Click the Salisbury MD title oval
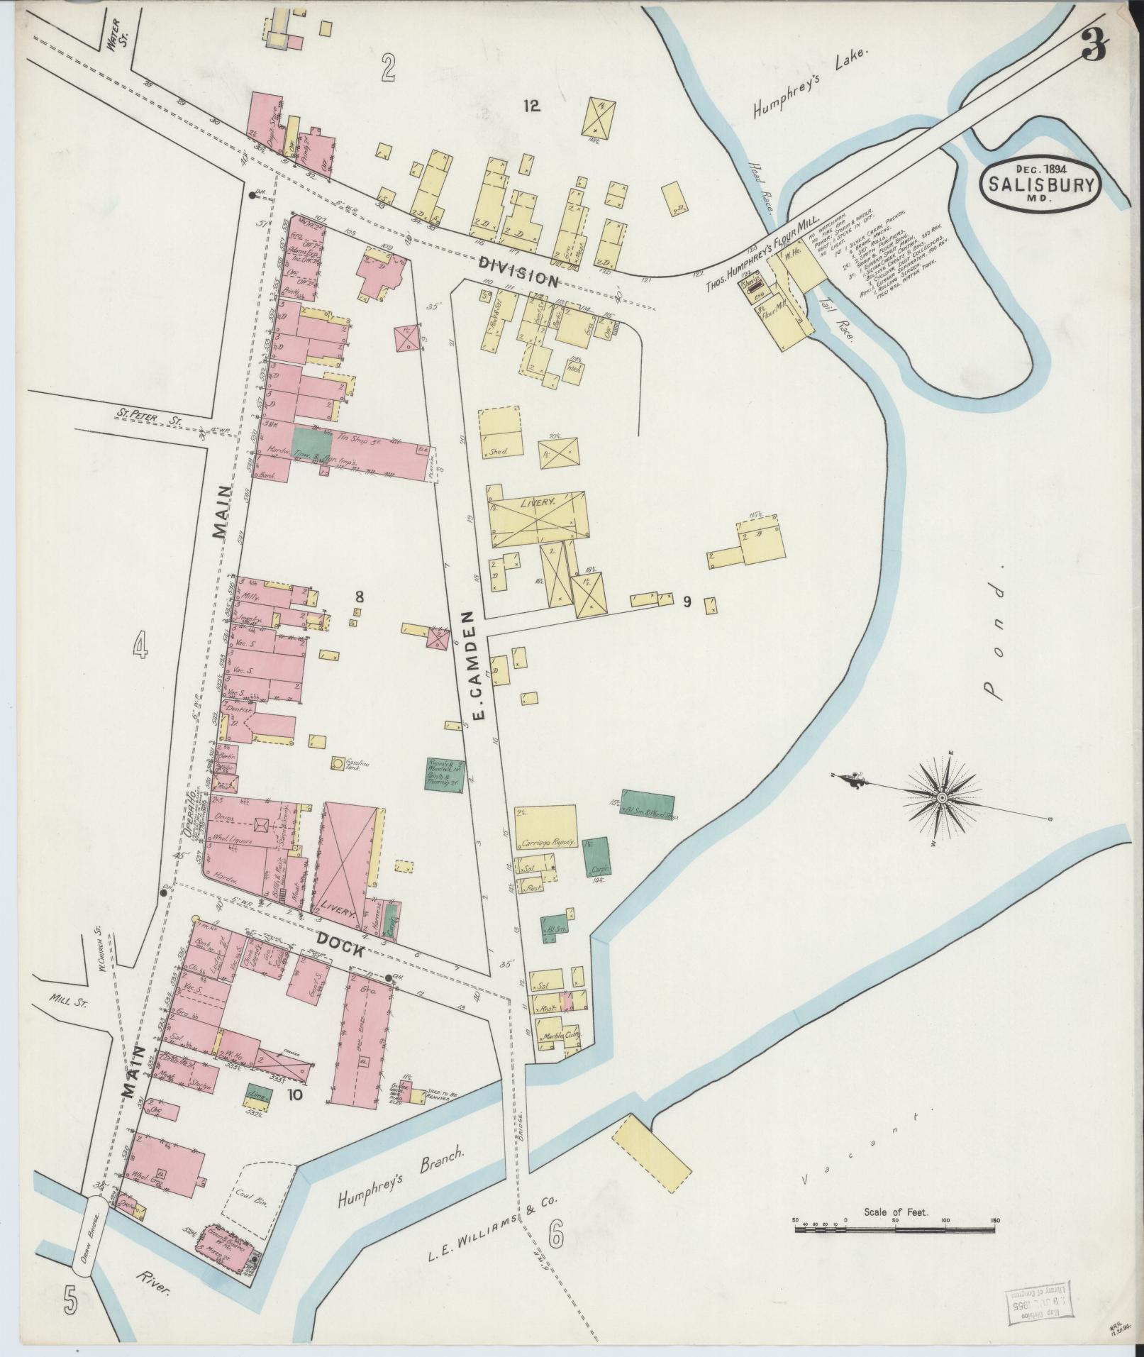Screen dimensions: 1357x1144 click(1040, 184)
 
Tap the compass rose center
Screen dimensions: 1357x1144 click(942, 799)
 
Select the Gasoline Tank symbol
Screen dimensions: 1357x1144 click(337, 763)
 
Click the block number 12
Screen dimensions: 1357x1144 click(532, 106)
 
